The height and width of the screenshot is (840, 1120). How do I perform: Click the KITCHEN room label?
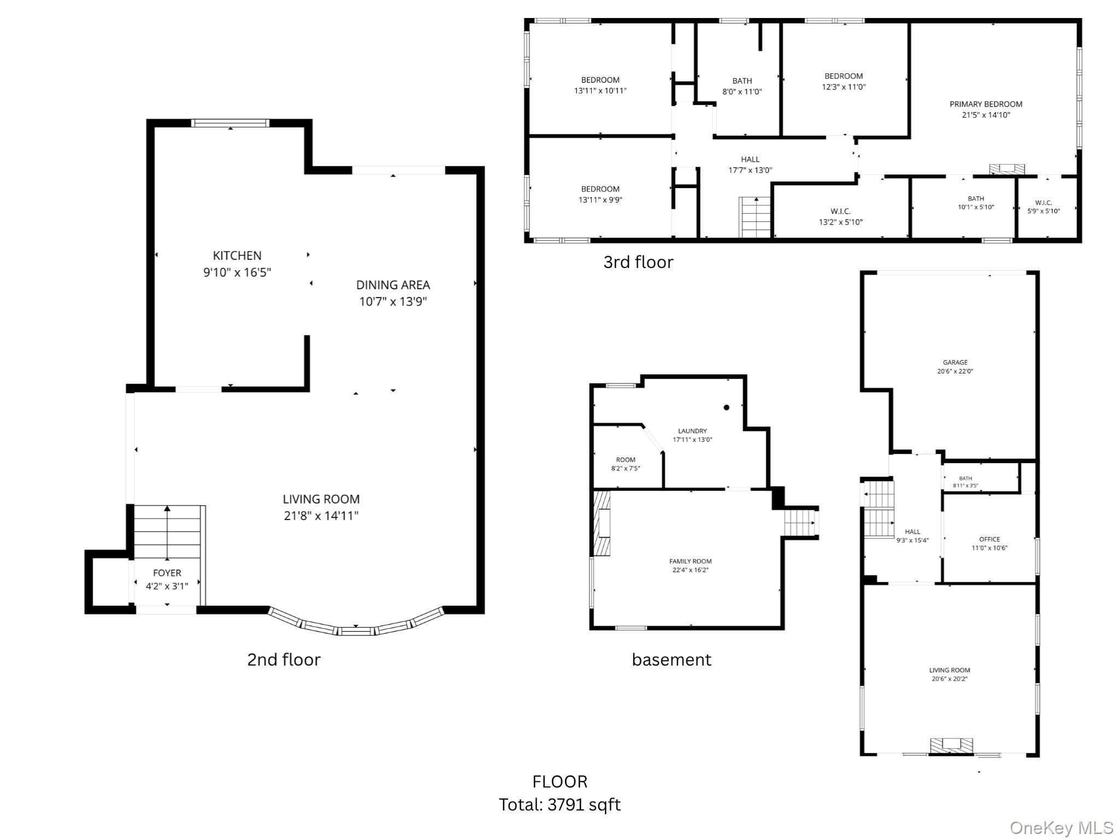coord(237,255)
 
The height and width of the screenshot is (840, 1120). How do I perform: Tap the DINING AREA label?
coord(393,285)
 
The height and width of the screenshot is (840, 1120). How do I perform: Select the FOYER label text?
coord(167,573)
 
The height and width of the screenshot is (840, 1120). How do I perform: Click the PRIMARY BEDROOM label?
coord(985,104)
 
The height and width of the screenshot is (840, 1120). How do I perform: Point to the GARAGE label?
coord(955,362)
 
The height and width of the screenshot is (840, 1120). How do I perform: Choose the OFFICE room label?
coord(989,539)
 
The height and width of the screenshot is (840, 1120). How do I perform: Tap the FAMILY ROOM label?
coord(690,561)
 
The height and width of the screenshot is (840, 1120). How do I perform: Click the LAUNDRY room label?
coord(692,431)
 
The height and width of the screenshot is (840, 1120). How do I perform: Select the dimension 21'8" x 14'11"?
coord(321,516)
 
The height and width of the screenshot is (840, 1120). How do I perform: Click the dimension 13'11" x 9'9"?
coord(600,200)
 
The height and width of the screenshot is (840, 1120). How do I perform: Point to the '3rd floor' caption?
coord(638,262)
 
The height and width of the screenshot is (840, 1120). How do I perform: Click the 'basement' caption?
coord(672,660)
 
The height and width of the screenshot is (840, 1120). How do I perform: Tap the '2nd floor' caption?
coord(284,660)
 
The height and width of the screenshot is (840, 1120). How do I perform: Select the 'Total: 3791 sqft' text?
coord(559,804)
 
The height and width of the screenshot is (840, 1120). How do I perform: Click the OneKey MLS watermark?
coord(1061,827)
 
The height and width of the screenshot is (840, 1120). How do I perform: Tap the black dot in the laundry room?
coord(727,407)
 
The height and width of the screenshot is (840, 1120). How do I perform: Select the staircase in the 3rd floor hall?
coord(755,217)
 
